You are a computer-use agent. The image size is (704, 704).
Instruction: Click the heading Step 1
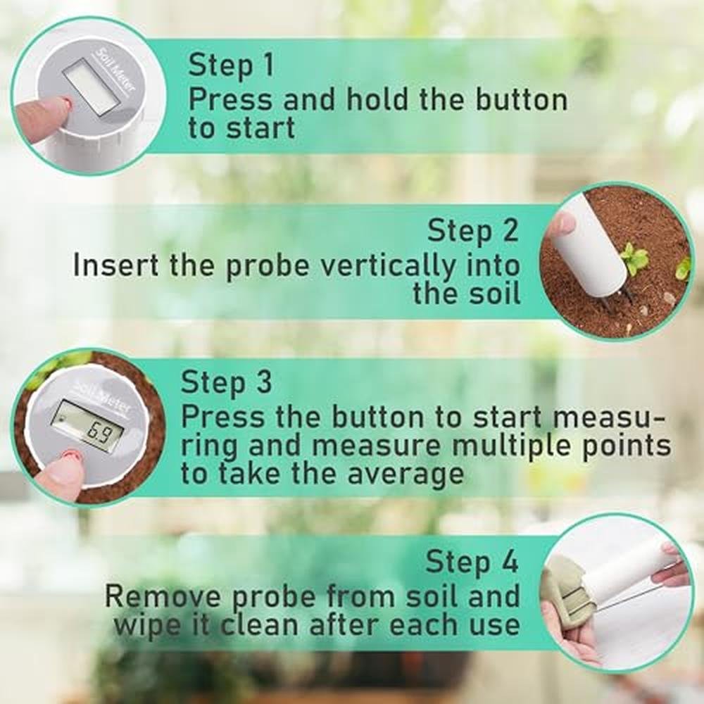231,65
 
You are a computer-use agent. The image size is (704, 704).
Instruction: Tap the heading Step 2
473,232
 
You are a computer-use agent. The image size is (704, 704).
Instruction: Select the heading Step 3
226,382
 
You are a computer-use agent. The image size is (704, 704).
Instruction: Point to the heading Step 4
472,562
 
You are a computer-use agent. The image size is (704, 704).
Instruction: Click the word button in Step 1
521,100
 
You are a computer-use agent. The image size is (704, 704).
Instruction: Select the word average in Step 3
406,475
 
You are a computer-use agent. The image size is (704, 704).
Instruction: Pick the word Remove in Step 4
163,597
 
